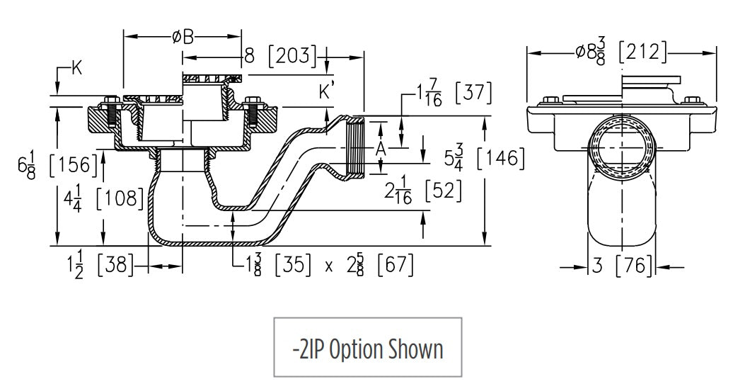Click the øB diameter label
(183, 37)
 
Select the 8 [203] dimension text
(280, 55)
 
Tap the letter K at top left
(77, 68)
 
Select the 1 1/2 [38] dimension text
(99, 266)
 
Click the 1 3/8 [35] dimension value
(277, 266)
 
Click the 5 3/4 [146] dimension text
(484, 159)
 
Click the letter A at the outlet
(381, 148)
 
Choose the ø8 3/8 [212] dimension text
(619, 51)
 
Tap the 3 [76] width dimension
(623, 266)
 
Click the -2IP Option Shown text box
(367, 347)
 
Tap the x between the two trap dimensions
(328, 266)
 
